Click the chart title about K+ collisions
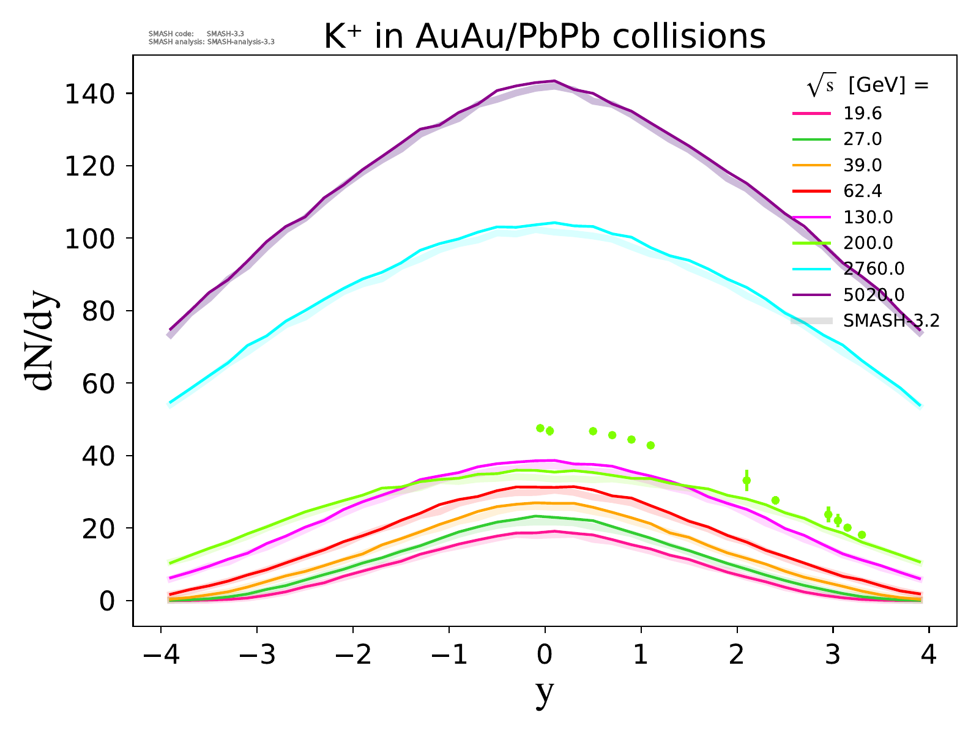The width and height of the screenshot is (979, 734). pyautogui.click(x=544, y=37)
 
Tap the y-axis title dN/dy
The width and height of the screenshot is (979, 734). pyautogui.click(x=40, y=343)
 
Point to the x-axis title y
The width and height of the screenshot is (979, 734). pyautogui.click(x=544, y=692)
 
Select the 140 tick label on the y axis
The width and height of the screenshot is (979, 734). pyautogui.click(x=92, y=94)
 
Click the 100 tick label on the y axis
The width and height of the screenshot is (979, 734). pyautogui.click(x=92, y=239)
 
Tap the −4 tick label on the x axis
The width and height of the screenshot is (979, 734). pyautogui.click(x=160, y=656)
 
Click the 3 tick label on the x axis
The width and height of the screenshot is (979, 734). pyautogui.click(x=833, y=656)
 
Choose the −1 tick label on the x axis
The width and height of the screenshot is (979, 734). pyautogui.click(x=449, y=656)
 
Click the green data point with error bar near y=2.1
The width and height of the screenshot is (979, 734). pyautogui.click(x=746, y=481)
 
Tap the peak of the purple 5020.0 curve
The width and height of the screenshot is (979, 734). pyautogui.click(x=554, y=81)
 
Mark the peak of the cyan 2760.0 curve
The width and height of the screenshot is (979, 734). pyautogui.click(x=554, y=223)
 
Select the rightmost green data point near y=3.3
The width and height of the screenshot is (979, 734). pyautogui.click(x=862, y=535)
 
